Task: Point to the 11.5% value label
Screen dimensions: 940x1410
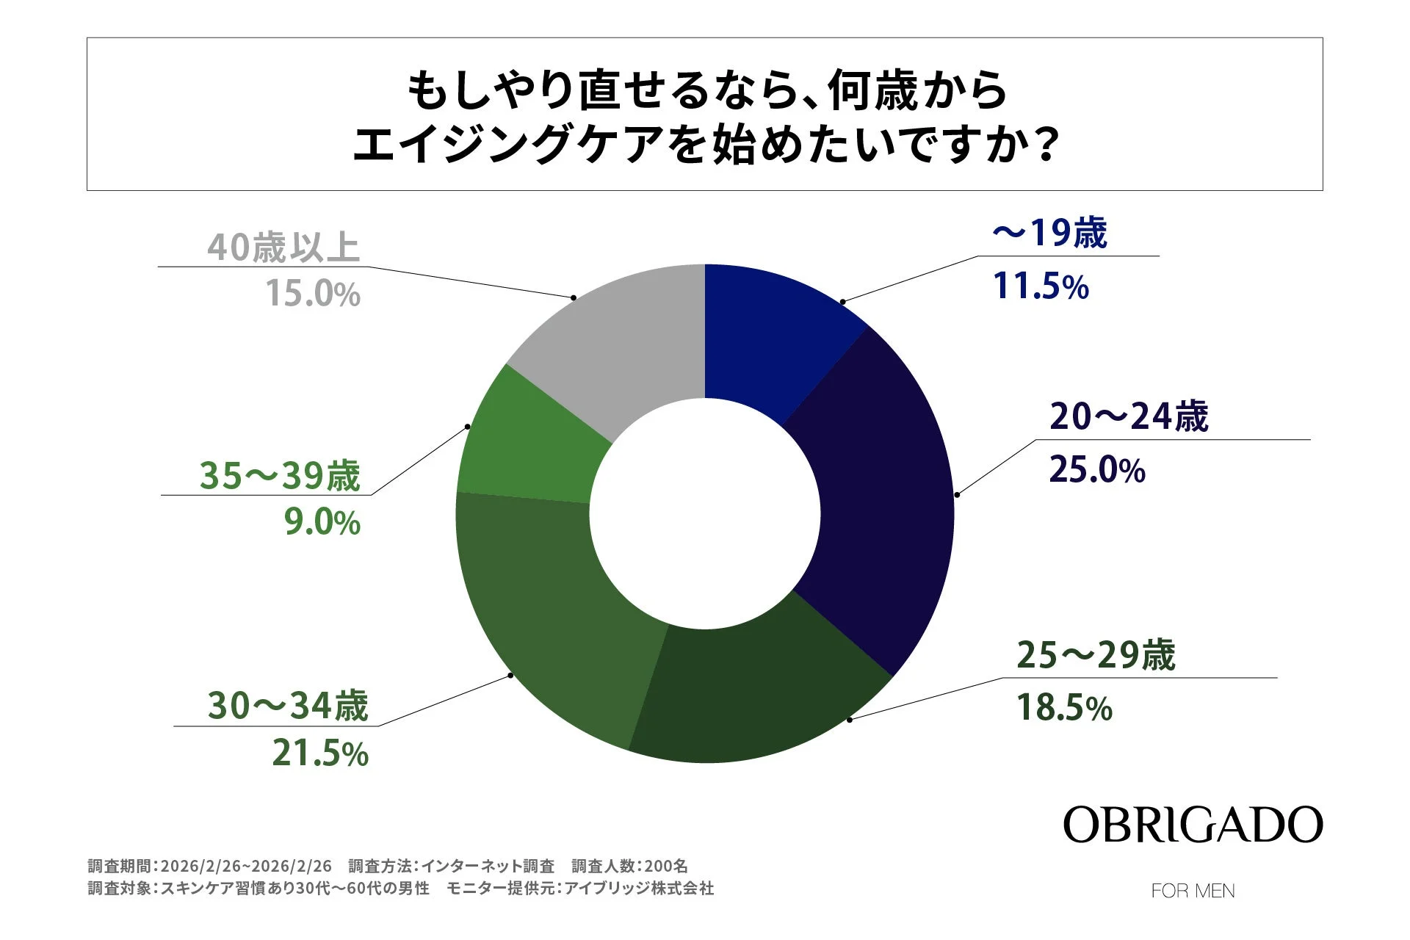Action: [1040, 286]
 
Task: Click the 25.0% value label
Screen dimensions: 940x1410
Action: [1096, 469]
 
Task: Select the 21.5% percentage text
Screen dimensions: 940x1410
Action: [320, 753]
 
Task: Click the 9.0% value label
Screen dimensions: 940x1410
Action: [322, 523]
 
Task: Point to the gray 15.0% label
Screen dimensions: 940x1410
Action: [313, 294]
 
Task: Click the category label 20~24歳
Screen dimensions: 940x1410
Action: [1129, 416]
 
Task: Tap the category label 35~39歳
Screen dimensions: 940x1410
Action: [280, 475]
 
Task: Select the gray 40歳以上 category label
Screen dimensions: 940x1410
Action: [283, 247]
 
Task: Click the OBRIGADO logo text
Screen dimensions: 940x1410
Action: [1193, 825]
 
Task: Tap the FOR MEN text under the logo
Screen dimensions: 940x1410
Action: [1193, 891]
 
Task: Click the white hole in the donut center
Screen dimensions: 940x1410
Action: [705, 514]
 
